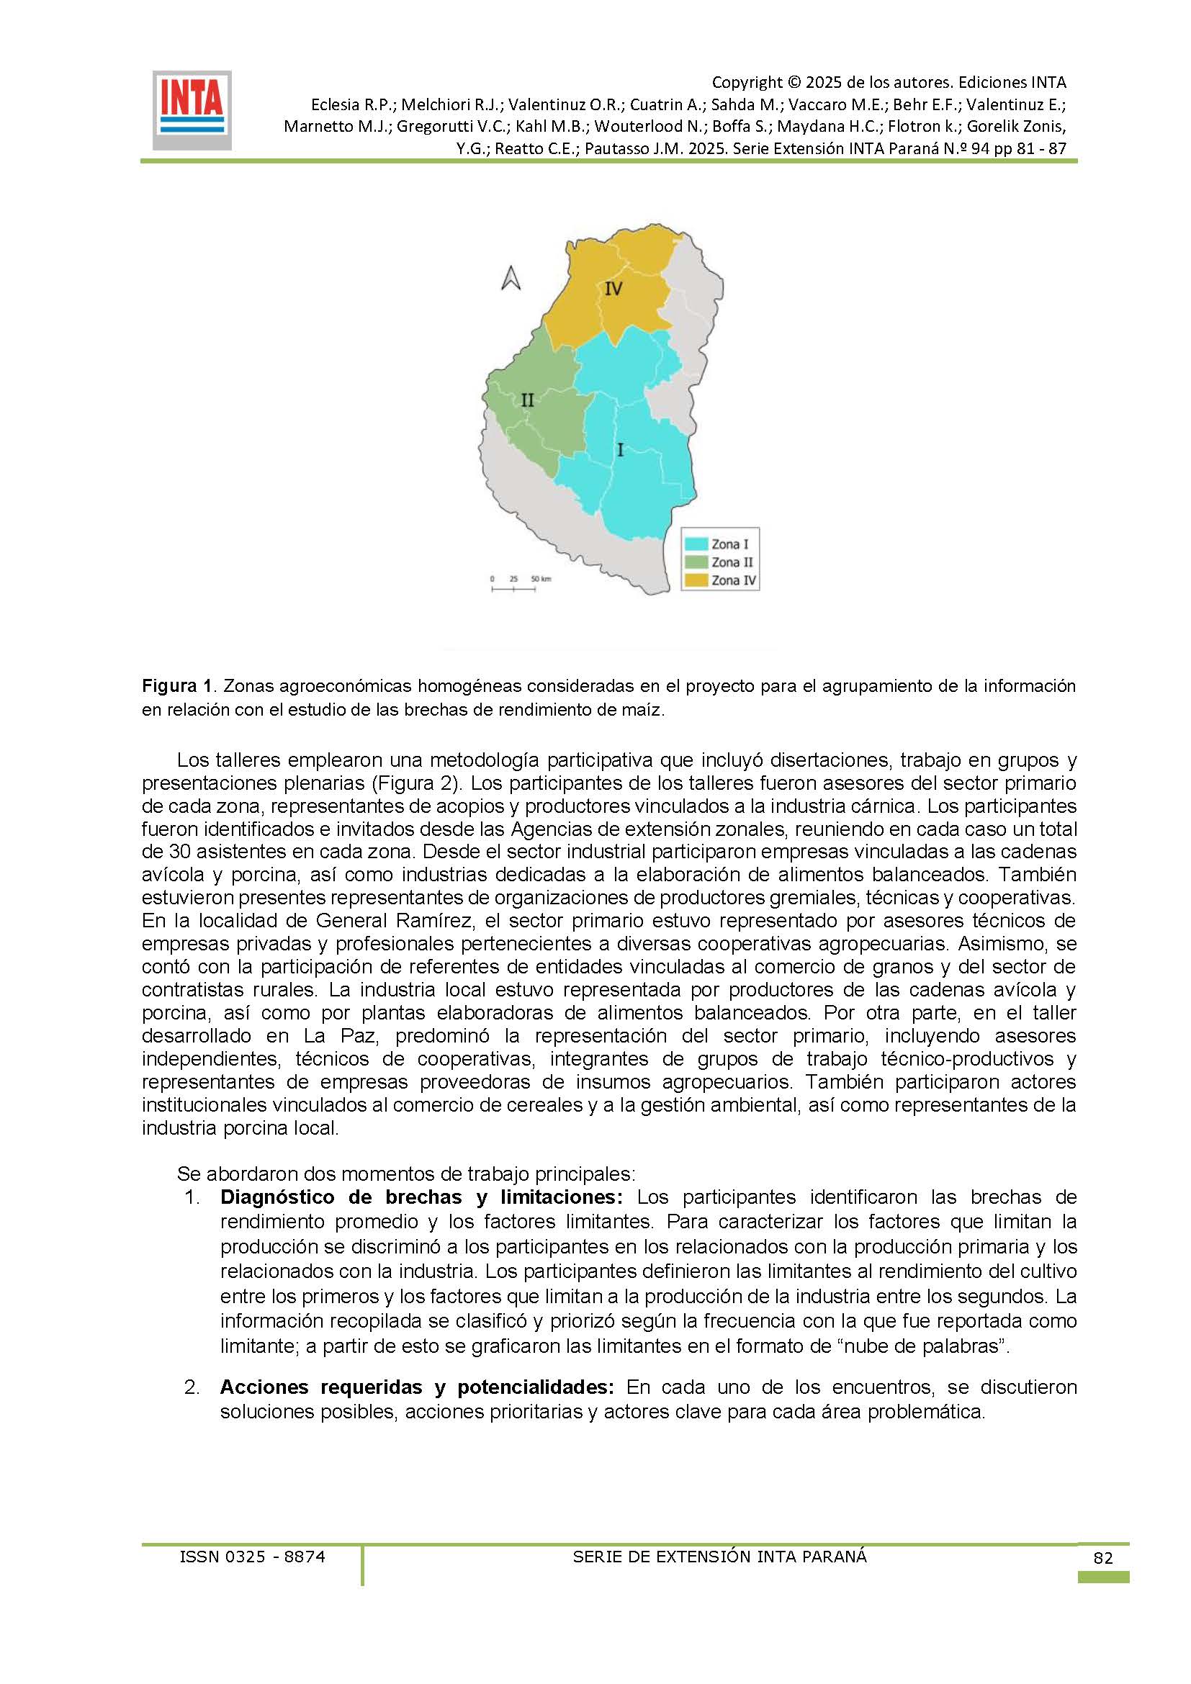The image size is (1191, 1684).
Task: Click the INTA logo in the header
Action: click(x=192, y=110)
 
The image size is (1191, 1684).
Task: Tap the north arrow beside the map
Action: click(x=511, y=278)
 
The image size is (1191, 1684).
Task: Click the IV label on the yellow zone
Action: click(x=613, y=289)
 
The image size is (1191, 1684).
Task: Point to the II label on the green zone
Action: click(x=527, y=400)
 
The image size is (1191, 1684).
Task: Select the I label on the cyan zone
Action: click(x=621, y=449)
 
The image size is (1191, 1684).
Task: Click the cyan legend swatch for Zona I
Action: click(x=696, y=544)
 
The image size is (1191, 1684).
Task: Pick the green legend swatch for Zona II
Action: click(x=696, y=562)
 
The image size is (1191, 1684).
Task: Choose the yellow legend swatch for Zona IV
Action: click(x=696, y=580)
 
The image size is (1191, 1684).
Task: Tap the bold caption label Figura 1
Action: click(x=176, y=687)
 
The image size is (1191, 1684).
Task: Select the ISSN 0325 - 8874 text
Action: click(x=252, y=1557)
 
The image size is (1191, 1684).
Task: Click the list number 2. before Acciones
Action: click(x=192, y=1387)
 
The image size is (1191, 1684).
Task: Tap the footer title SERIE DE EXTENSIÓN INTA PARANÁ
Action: click(x=719, y=1557)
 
